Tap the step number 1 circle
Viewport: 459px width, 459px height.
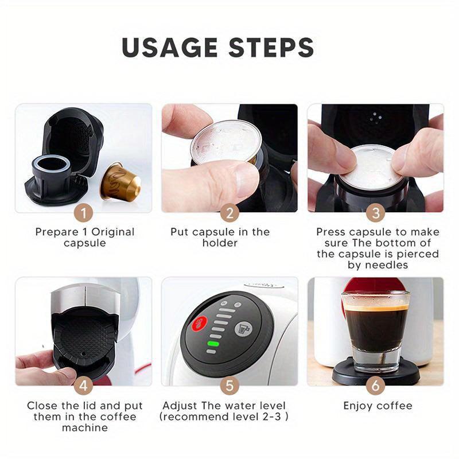pos(84,213)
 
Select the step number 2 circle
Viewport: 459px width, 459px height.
pos(229,213)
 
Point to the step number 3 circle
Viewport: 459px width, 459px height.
pos(375,213)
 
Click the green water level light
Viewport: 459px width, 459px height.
pos(213,344)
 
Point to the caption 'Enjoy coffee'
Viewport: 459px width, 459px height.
pos(378,406)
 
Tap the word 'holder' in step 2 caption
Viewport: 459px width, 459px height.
pos(220,243)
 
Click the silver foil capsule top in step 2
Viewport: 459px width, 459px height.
pos(225,141)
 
